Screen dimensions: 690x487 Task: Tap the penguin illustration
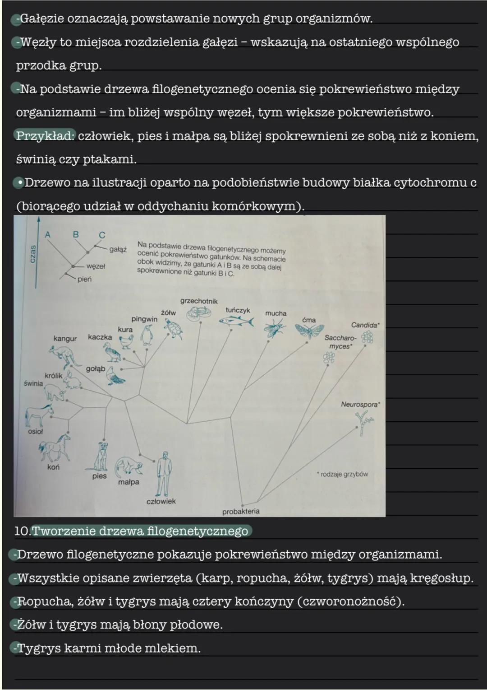point(146,336)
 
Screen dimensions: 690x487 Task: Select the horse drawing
point(55,447)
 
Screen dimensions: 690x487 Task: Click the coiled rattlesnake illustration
point(199,312)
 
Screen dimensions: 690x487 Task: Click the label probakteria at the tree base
point(241,512)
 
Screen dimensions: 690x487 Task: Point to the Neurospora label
point(360,404)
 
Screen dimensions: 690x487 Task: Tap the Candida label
point(365,325)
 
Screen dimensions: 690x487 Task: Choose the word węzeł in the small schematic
point(96,266)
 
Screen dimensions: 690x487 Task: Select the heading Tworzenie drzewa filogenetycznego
point(140,531)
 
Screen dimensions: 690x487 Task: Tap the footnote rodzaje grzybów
point(343,474)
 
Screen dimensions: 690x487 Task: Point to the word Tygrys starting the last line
point(38,648)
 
